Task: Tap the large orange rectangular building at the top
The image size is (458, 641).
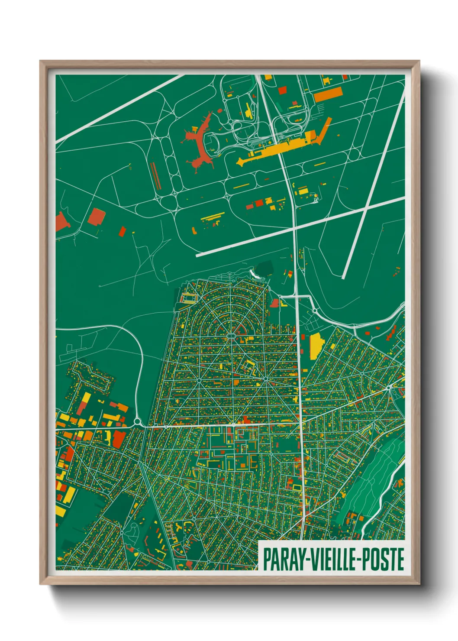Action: [x=328, y=94]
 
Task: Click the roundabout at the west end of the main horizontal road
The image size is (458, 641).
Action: [x=138, y=421]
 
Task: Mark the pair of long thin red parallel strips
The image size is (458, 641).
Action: [x=155, y=176]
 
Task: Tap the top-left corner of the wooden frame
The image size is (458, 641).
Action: [x=41, y=62]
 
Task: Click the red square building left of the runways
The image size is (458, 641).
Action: [x=96, y=217]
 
